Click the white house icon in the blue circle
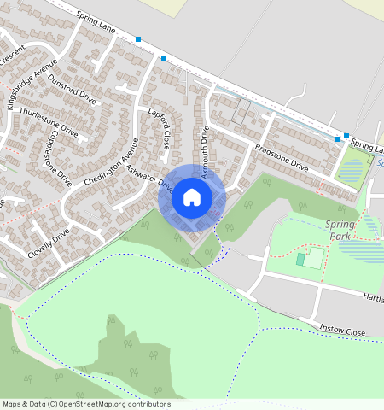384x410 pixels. (192, 197)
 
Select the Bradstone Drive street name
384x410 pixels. (281, 160)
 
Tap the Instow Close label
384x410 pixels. (342, 330)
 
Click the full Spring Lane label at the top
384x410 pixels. (95, 28)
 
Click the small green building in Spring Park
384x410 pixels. (300, 259)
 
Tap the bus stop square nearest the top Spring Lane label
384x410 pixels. (138, 38)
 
